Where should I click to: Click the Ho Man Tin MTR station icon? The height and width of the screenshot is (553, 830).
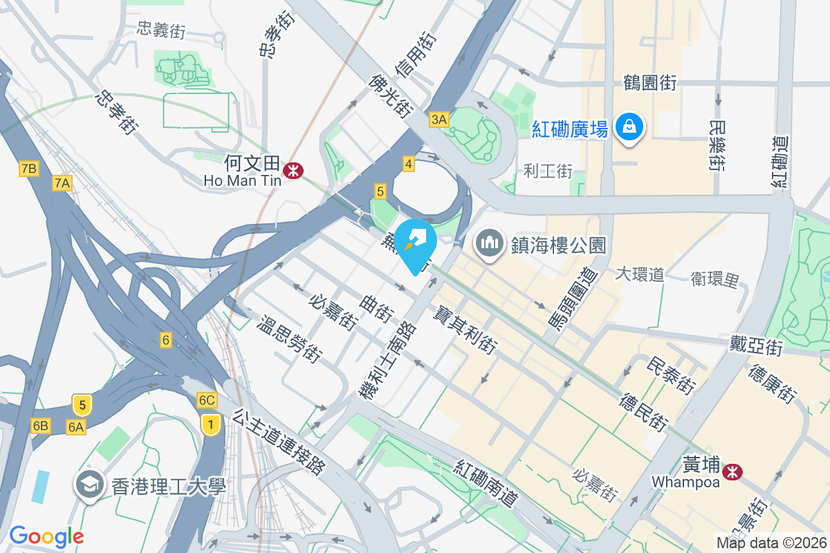pyautogui.click(x=294, y=169)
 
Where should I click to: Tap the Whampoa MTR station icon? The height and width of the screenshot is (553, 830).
pyautogui.click(x=730, y=472)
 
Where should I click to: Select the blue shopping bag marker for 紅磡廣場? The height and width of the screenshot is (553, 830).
pyautogui.click(x=629, y=127)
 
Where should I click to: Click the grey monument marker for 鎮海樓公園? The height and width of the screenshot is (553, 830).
pyautogui.click(x=489, y=244)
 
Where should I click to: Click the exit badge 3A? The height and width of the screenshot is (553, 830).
pyautogui.click(x=439, y=120)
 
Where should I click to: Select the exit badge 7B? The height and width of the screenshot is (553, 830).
pyautogui.click(x=28, y=168)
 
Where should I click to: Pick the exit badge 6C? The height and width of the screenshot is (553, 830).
pyautogui.click(x=207, y=400)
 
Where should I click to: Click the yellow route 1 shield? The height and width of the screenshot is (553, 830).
pyautogui.click(x=210, y=423)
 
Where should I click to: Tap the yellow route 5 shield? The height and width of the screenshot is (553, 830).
pyautogui.click(x=82, y=404)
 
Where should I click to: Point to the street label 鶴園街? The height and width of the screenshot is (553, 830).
pyautogui.click(x=649, y=83)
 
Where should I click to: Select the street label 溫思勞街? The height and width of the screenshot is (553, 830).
pyautogui.click(x=290, y=339)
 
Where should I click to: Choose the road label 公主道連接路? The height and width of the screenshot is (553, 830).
pyautogui.click(x=279, y=442)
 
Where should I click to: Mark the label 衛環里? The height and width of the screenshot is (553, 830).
pyautogui.click(x=714, y=279)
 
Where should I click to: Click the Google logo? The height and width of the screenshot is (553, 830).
pyautogui.click(x=46, y=536)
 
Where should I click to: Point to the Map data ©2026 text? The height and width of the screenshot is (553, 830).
pyautogui.click(x=771, y=543)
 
